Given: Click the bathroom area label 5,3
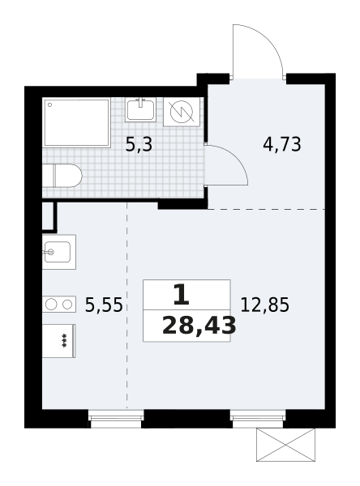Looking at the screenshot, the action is tap(139, 145).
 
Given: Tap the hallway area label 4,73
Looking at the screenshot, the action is tap(282, 144).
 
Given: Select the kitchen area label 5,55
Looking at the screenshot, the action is tap(104, 305).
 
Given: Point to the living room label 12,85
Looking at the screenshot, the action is tap(264, 305).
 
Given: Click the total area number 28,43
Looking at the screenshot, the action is tap(199, 326).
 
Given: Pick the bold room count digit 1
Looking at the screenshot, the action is tap(182, 295).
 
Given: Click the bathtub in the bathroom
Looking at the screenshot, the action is tap(77, 123).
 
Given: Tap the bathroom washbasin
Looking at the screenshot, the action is tap(140, 109).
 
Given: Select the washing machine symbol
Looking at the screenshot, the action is tap(182, 112).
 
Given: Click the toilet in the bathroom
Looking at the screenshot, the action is tap(62, 176).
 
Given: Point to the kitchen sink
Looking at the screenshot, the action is tap(59, 252).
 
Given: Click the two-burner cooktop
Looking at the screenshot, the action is tap(59, 305).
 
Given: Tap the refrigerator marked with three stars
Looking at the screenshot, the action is tap(58, 341).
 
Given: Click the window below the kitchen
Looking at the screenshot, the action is tap(116, 419).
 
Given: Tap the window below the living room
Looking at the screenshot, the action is tap(258, 419).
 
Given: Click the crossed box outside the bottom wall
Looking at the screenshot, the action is tap(285, 445).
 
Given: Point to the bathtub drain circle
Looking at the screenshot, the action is tap(49, 104).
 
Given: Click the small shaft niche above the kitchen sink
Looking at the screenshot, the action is tap(48, 216).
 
